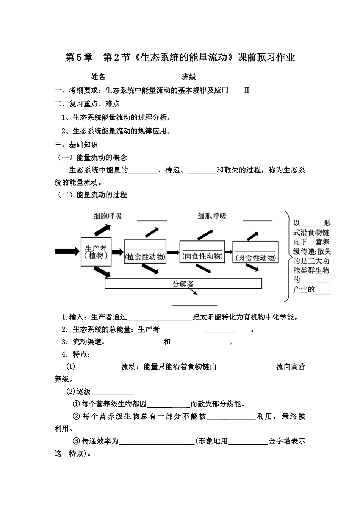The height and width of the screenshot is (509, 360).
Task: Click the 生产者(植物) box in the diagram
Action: point(96,251)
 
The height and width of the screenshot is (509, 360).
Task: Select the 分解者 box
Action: point(183,284)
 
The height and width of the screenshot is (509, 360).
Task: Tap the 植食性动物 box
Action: point(145,251)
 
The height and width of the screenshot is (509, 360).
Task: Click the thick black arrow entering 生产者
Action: point(67,251)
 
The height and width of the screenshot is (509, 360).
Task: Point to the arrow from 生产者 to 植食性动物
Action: point(118,251)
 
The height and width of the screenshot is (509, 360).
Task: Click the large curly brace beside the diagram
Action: point(286,256)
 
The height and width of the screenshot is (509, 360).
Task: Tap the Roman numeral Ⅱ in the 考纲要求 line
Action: point(247,91)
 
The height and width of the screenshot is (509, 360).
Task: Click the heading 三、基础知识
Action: point(76,145)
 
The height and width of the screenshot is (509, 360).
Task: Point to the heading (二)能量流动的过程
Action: point(91,195)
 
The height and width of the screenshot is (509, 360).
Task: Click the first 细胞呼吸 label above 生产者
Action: point(108,216)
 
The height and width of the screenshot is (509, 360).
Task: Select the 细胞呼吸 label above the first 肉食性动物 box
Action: point(212,216)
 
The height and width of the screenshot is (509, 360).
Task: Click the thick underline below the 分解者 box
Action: point(195,305)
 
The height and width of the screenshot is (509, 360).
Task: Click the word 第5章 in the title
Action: point(79,58)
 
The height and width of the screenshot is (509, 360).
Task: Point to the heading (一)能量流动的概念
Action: point(91,158)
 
